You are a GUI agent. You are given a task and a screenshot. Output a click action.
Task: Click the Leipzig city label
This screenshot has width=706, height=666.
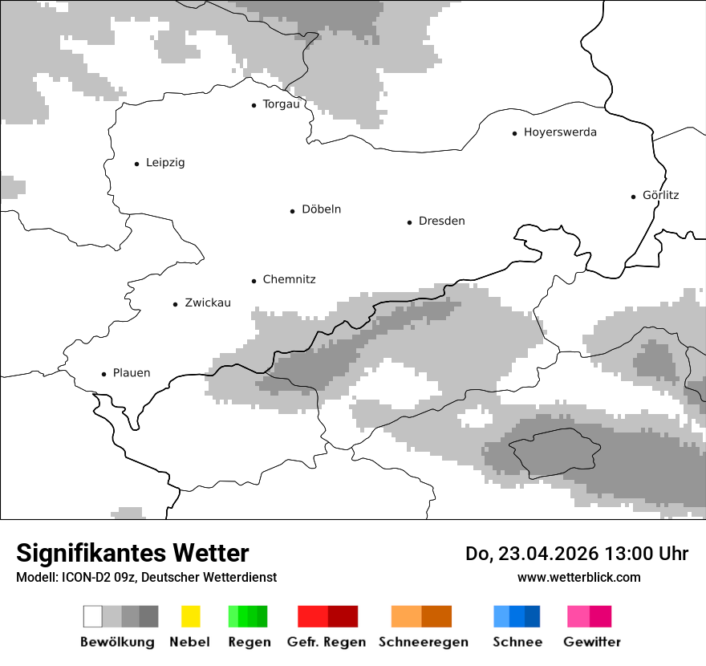click(165, 163)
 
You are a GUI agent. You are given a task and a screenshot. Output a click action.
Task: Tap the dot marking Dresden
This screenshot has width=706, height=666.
click(409, 222)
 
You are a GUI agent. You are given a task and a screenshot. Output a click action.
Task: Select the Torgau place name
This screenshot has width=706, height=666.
click(281, 104)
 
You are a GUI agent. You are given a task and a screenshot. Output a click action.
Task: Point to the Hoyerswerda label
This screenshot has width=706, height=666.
click(560, 132)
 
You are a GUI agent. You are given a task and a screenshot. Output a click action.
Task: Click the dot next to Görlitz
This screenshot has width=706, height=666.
click(634, 196)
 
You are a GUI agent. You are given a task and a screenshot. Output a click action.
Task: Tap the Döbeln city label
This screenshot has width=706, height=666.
click(321, 209)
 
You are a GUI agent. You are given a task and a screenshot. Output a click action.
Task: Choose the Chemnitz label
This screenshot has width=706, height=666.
click(289, 280)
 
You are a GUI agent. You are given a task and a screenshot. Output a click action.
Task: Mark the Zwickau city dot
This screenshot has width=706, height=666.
click(175, 304)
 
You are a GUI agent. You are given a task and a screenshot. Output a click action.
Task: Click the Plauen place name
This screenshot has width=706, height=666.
click(132, 373)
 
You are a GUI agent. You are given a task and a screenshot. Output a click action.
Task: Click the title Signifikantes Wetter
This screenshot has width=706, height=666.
click(132, 554)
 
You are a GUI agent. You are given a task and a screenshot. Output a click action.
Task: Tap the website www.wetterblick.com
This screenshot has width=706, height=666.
click(578, 578)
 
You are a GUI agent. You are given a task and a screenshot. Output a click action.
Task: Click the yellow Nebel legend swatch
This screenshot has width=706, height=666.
click(190, 616)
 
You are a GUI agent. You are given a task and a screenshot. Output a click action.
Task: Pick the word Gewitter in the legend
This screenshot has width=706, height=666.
click(592, 642)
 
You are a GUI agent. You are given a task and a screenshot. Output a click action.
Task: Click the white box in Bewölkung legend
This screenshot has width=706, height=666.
click(93, 616)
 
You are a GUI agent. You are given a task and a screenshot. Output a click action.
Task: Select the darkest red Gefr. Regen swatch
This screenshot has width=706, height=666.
click(343, 616)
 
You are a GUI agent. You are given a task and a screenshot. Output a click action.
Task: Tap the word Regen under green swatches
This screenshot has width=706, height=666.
click(248, 642)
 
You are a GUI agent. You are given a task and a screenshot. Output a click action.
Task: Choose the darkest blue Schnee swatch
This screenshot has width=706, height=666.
click(533, 616)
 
